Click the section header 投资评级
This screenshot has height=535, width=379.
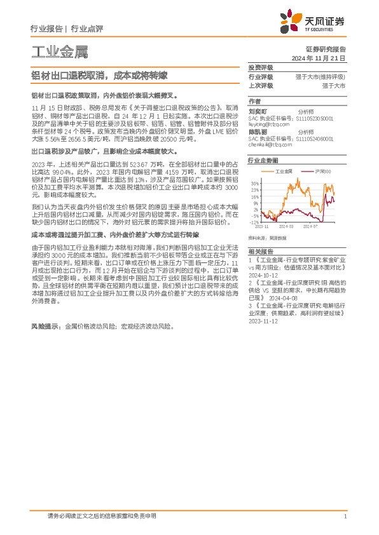click(x=261, y=67)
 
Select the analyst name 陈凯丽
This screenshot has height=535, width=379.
click(x=258, y=132)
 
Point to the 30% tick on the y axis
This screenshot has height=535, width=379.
click(x=254, y=182)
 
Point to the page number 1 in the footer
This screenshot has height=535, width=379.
click(x=343, y=517)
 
